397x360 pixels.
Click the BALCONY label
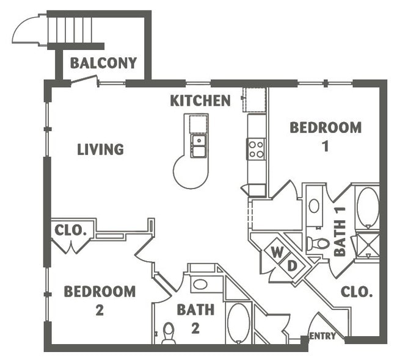pyautogui.click(x=103, y=63)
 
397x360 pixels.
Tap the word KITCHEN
pyautogui.click(x=200, y=101)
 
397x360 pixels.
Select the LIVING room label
pyautogui.click(x=100, y=149)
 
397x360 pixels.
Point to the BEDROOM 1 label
pyautogui.click(x=325, y=136)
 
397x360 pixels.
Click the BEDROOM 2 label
pyautogui.click(x=100, y=300)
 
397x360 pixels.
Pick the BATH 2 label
pyautogui.click(x=195, y=319)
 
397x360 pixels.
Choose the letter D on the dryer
pyautogui.click(x=291, y=266)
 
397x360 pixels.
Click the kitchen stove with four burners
pyautogui.click(x=256, y=148)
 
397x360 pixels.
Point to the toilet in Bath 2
pyautogui.click(x=169, y=333)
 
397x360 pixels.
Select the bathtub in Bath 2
pyautogui.click(x=238, y=322)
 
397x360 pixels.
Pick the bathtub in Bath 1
pyautogui.click(x=367, y=207)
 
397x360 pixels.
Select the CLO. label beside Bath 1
pyautogui.click(x=357, y=292)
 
